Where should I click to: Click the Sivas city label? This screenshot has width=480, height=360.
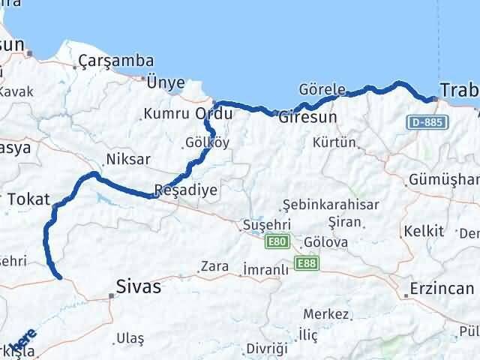tap(139, 286)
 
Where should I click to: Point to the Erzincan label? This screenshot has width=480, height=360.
tap(442, 289)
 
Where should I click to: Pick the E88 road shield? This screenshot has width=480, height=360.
tap(306, 263)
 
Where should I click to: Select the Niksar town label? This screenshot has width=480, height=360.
tap(128, 159)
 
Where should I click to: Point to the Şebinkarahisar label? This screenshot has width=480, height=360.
tap(331, 204)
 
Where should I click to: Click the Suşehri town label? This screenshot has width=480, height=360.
tap(262, 225)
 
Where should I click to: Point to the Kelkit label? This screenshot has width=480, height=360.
tap(423, 230)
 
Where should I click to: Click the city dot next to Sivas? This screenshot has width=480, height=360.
tap(112, 295)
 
